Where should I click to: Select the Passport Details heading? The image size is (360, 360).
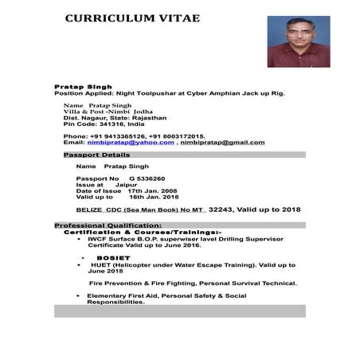[96, 155]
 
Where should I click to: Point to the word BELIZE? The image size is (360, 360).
[90, 209]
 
